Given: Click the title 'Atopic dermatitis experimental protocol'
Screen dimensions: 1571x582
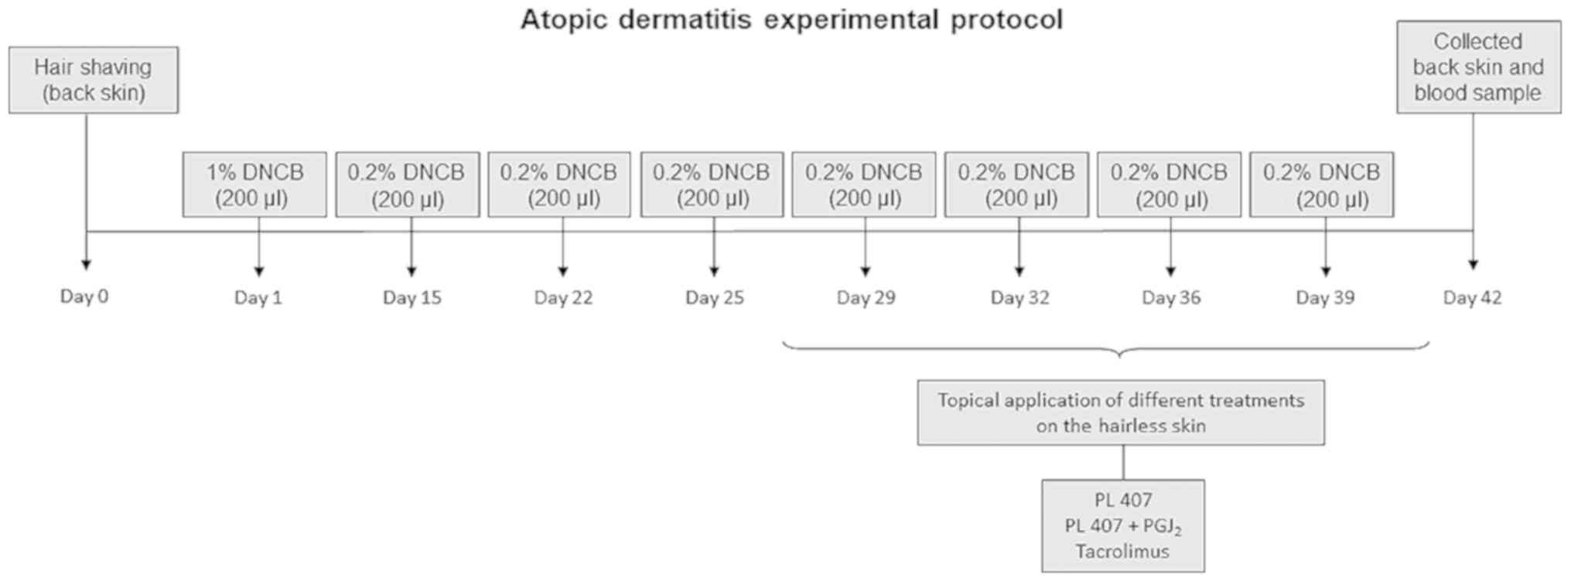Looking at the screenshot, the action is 791,20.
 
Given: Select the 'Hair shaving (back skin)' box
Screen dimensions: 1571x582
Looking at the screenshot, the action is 94,80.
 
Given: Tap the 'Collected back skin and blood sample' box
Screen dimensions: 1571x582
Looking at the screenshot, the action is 1478,67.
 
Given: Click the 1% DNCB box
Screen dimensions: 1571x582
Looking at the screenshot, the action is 254,185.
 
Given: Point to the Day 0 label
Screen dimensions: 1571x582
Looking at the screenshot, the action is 84,296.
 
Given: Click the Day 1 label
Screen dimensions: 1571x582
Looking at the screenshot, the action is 258,298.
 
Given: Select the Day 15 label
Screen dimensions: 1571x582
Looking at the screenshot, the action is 412,298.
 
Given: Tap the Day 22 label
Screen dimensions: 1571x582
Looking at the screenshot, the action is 563,298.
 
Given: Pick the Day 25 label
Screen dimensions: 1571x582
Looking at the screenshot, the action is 714,298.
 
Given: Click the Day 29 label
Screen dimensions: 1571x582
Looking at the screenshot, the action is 866,298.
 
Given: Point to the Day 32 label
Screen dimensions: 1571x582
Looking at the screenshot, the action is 1019,298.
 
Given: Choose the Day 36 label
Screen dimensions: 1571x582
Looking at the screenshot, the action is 1171,298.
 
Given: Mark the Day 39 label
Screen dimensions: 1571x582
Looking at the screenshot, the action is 1325,298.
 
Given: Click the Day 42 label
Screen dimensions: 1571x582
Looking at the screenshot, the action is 1472,298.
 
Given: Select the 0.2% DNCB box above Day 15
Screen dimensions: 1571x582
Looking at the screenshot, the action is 408,185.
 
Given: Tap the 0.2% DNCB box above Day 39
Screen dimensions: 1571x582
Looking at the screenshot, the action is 1322,185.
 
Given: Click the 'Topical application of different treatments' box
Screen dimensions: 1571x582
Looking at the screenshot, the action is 1121,413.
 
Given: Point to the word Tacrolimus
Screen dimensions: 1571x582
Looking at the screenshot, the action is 1122,552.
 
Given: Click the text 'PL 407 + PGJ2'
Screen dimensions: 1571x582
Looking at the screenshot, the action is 1122,526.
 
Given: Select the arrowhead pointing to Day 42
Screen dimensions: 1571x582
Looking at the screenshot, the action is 1473,265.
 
